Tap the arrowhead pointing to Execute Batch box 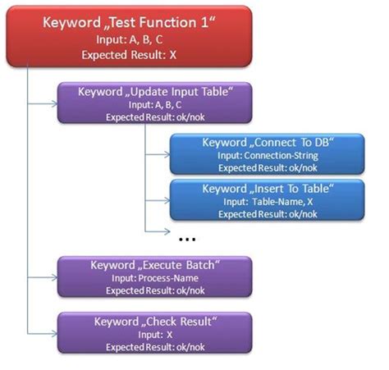[53, 278]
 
